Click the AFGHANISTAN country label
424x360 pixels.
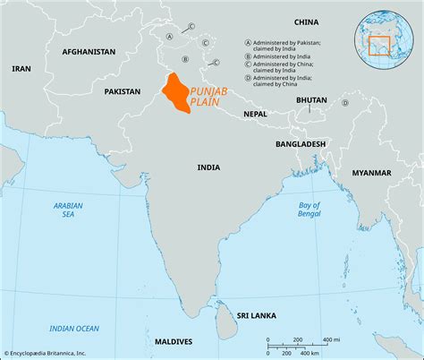click(x=89, y=52)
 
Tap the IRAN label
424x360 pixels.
click(x=21, y=68)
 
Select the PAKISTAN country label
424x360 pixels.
click(x=123, y=91)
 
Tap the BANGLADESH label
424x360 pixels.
click(x=301, y=144)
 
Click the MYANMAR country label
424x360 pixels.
click(x=371, y=172)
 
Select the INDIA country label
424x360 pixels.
click(x=209, y=167)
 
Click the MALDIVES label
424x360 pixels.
click(x=172, y=342)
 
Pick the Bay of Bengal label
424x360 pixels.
click(x=309, y=210)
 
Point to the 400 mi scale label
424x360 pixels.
click(x=331, y=339)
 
